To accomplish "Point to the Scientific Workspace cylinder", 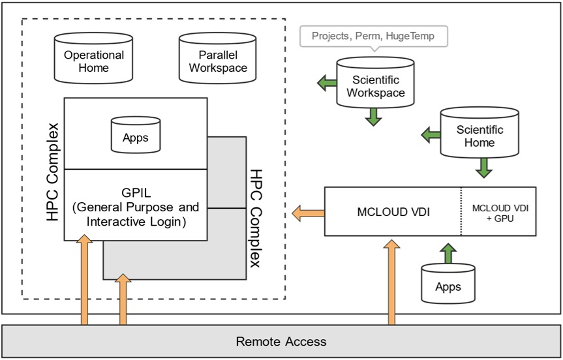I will click(x=375, y=83).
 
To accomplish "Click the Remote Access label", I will click(x=281, y=341).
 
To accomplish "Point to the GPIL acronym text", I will click(x=136, y=194).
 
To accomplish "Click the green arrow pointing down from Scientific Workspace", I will click(x=373, y=115).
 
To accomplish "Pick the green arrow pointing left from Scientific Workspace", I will click(x=326, y=83).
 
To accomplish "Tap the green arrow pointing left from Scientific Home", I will click(x=431, y=135).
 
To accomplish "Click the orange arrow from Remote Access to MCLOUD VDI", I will click(x=391, y=282).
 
